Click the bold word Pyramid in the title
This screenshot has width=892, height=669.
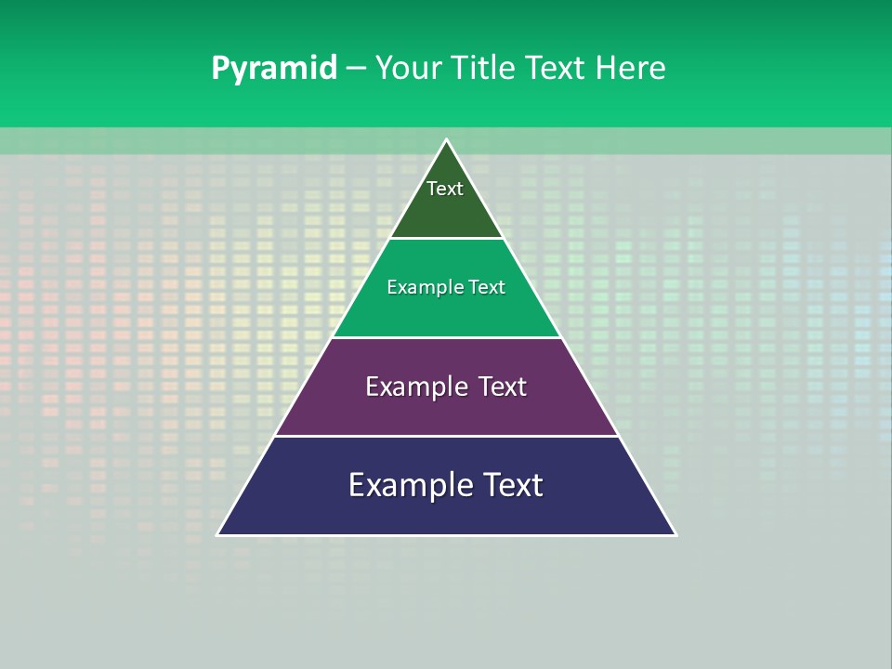coord(274,69)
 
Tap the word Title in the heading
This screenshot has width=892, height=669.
coord(484,69)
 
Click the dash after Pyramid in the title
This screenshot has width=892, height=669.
coord(356,69)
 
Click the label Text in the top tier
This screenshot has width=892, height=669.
coord(445,189)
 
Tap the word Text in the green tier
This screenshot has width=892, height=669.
coord(487,287)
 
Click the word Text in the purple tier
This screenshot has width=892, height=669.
coord(503,387)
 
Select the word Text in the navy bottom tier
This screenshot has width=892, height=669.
coord(513,485)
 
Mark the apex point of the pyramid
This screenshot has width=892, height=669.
coord(446,140)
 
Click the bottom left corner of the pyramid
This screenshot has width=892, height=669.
coord(218,534)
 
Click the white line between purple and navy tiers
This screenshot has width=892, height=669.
coord(446,436)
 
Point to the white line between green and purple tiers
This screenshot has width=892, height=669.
coord(446,337)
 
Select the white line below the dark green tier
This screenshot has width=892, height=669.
coord(446,239)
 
